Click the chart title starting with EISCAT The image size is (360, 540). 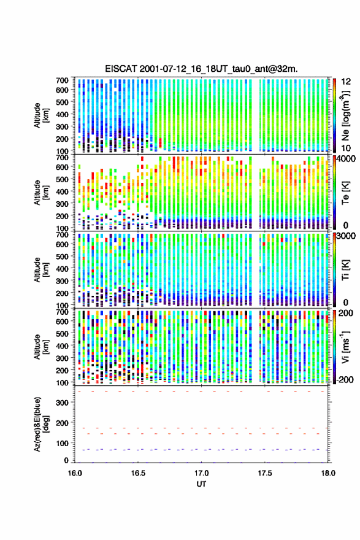[x=201, y=69]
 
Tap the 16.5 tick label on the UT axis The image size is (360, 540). [x=138, y=473]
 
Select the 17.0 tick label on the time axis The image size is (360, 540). [x=201, y=473]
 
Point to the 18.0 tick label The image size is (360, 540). [x=328, y=473]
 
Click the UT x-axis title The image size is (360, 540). [x=201, y=484]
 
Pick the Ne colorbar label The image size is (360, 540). [x=345, y=115]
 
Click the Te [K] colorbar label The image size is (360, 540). [x=345, y=193]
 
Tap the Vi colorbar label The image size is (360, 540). [x=345, y=347]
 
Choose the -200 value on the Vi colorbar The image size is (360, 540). [x=345, y=379]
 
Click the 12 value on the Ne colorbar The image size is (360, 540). [x=347, y=82]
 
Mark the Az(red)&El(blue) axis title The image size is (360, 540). [x=41, y=424]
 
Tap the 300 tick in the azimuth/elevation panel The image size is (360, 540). [x=63, y=403]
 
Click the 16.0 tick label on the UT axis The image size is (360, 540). [x=75, y=473]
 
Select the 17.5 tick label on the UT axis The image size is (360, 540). [x=265, y=473]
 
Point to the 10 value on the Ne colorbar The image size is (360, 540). [x=347, y=148]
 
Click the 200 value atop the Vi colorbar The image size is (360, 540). [x=346, y=313]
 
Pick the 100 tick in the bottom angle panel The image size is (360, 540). [x=63, y=443]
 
